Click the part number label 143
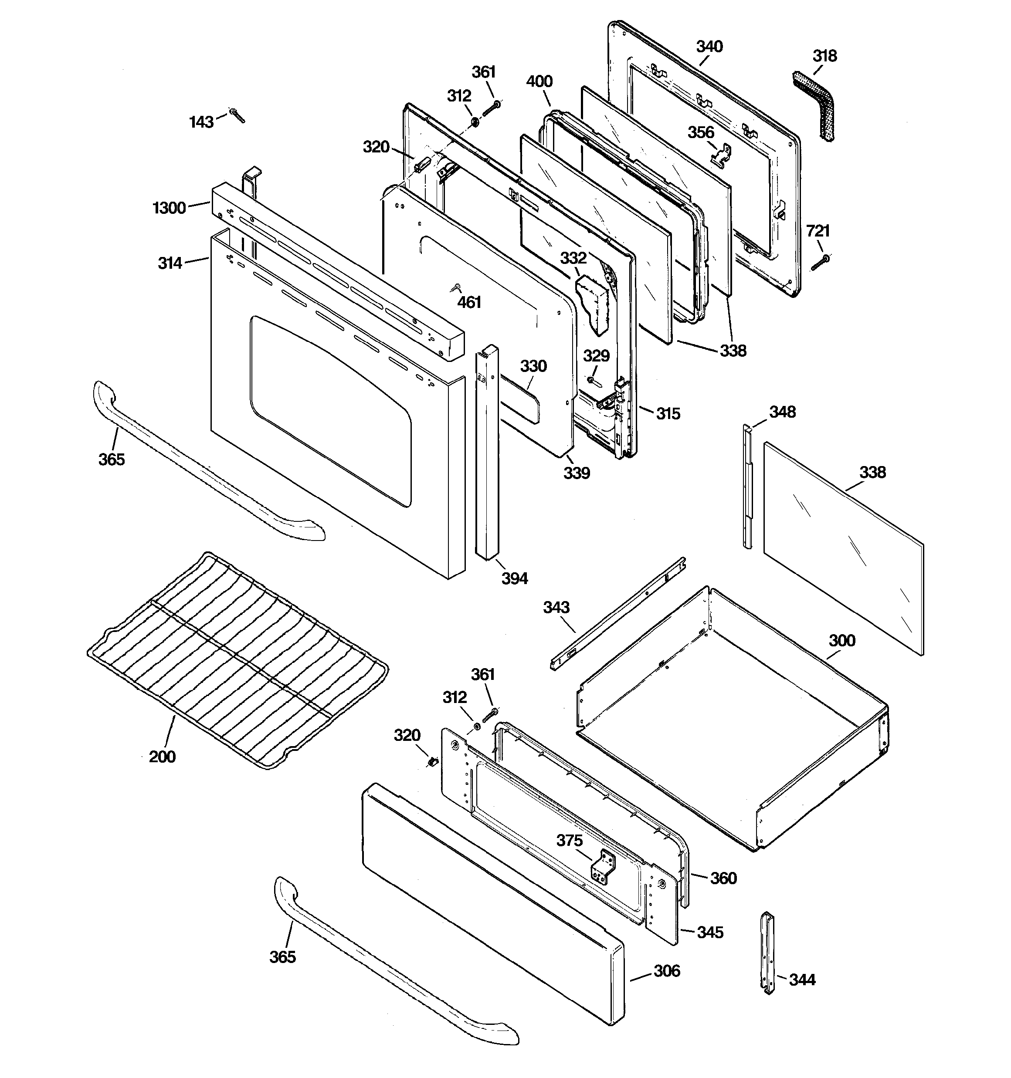(201, 122)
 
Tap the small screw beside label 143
(237, 115)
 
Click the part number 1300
(170, 208)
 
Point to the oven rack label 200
(162, 757)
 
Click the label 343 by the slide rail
(556, 607)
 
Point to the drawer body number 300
(841, 640)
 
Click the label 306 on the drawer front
(666, 970)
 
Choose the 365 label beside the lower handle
(282, 957)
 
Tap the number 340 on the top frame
(709, 47)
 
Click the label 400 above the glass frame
(539, 81)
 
